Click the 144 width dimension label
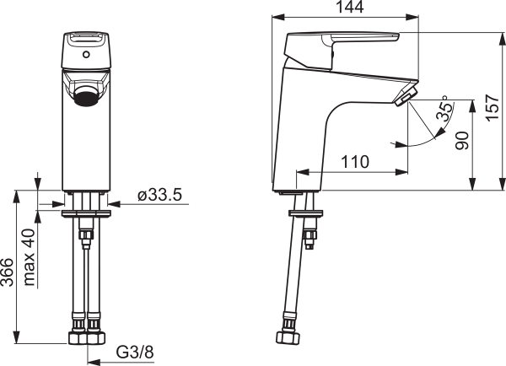click(350, 7)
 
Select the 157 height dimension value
click(493, 108)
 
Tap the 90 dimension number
click(462, 140)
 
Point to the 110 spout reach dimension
click(355, 162)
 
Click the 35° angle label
click(444, 109)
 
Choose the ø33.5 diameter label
click(160, 195)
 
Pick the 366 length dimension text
click(7, 272)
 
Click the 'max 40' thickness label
click(30, 257)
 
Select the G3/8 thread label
click(135, 353)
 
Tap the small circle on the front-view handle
click(86, 55)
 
